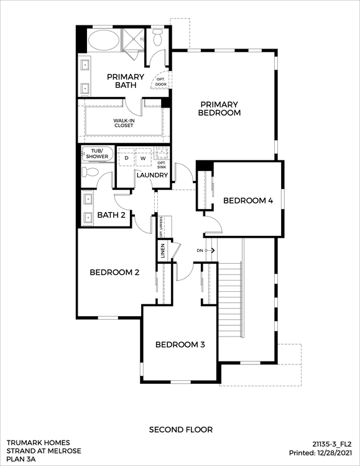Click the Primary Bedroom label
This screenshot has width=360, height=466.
[x=219, y=108]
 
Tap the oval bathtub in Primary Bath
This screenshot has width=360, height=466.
[x=104, y=40]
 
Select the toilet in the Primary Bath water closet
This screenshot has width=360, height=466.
[x=157, y=37]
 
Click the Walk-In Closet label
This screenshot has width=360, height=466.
[x=124, y=123]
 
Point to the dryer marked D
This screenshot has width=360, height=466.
[x=127, y=158]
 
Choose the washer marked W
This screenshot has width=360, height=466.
[x=143, y=158]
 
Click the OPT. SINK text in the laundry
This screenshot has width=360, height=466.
[x=162, y=165]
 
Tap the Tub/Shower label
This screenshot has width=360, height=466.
[x=97, y=154]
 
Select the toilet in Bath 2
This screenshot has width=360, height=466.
[x=90, y=172]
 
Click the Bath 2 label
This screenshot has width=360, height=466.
[x=111, y=215]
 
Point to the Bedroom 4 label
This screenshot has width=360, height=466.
[x=248, y=200]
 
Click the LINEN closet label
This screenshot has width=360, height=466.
[x=162, y=251]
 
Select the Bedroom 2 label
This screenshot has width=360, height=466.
[x=114, y=273]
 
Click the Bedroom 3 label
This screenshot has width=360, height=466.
[x=180, y=345]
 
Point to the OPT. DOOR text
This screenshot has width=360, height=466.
[x=160, y=82]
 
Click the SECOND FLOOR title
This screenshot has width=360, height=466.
[x=181, y=430]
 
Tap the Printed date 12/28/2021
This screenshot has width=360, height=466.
[x=335, y=453]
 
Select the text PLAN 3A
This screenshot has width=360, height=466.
[x=21, y=459]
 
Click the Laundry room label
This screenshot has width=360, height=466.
[x=152, y=175]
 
